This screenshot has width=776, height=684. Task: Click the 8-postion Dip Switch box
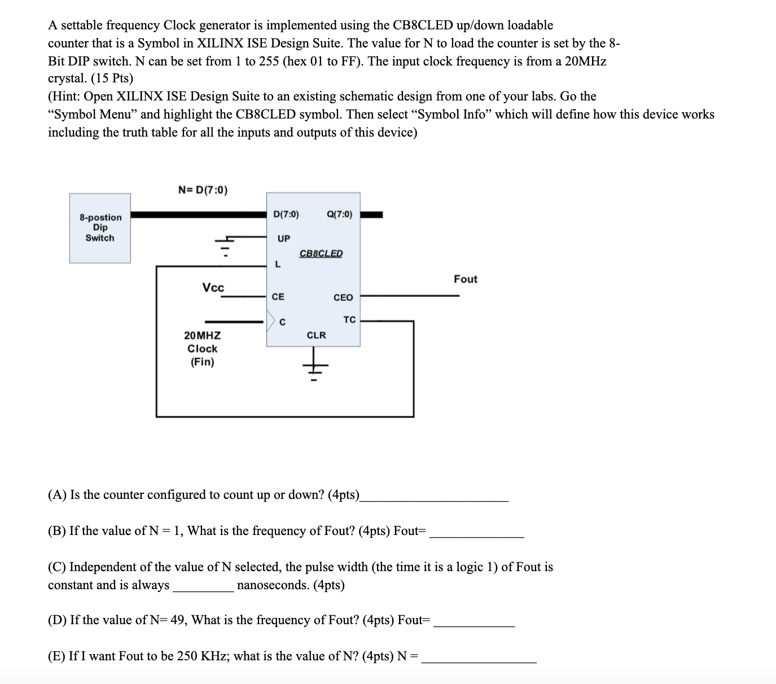pos(100,228)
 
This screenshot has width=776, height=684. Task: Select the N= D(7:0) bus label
pos(203,190)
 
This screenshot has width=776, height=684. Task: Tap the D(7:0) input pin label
pos(286,214)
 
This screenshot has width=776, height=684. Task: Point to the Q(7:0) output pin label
pos(339,214)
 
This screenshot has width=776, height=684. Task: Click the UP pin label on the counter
pos(284,239)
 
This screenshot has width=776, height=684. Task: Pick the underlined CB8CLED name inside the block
pos(321,253)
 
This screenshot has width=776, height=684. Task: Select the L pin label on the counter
pos(277,264)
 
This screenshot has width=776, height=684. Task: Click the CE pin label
pos(278,296)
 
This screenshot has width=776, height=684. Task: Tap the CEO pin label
pos(343,297)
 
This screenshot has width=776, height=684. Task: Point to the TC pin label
pos(349,320)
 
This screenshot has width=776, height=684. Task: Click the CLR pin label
pos(316,335)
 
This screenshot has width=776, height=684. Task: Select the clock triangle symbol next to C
pos(271,322)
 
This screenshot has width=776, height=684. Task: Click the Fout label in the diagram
pos(466,279)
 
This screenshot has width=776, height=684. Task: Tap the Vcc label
pos(213,288)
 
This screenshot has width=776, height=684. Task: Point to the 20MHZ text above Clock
pos(203,335)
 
